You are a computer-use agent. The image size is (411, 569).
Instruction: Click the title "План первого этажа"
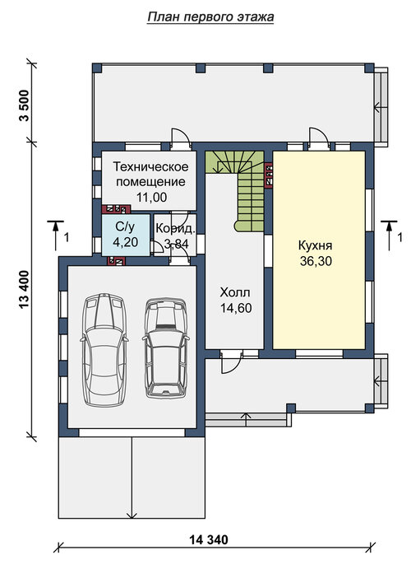pos(210,17)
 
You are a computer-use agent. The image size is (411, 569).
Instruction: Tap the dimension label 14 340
pos(209,539)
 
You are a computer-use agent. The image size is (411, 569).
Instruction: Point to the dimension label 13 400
pos(25,289)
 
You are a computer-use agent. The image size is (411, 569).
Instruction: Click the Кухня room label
pos(315,245)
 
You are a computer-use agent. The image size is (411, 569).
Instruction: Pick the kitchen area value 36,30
pos(316,261)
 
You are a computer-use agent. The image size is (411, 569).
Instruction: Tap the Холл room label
pos(235,292)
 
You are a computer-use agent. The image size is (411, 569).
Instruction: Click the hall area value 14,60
pos(236,308)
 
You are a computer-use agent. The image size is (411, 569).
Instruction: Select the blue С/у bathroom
pos(126,235)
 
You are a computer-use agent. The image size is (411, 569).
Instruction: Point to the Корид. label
pos(176,229)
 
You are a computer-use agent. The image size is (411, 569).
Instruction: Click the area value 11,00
pos(152,197)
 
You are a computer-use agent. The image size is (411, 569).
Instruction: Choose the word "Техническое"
pos(150,166)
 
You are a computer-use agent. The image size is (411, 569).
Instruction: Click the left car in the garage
pos(104,350)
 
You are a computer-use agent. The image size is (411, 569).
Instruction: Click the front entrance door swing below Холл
pos(231,361)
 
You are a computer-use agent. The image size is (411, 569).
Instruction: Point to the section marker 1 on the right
pos(393,236)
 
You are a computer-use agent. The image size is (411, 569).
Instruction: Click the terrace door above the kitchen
pos(319,138)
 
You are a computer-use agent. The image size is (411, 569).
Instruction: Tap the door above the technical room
pos(181,138)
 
